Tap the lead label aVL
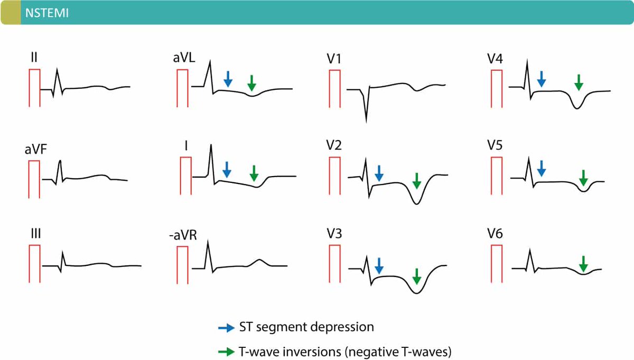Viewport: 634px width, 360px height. (x=184, y=58)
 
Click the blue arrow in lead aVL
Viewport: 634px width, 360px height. (x=228, y=79)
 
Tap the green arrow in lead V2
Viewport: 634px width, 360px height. (x=417, y=180)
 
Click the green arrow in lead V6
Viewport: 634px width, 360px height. (x=583, y=264)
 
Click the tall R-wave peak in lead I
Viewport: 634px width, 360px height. (x=211, y=145)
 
